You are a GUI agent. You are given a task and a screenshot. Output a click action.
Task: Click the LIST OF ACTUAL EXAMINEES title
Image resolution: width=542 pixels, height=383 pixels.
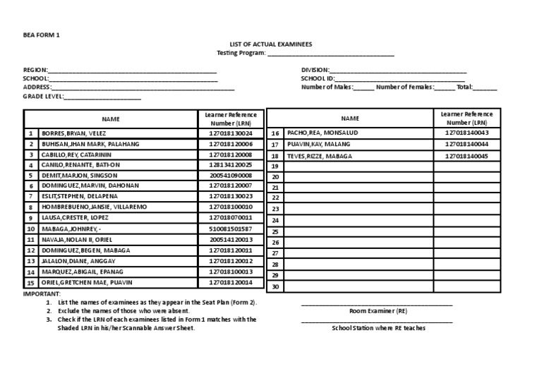click(270, 44)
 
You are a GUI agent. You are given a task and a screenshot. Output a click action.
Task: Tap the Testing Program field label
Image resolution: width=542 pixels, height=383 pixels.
click(241, 54)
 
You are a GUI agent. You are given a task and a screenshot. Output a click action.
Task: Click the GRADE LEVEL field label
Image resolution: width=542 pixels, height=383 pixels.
click(44, 97)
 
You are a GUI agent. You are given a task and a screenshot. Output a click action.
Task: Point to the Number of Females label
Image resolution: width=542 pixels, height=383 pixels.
click(404, 87)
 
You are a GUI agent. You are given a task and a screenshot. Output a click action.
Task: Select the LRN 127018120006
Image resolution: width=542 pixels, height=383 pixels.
click(230, 143)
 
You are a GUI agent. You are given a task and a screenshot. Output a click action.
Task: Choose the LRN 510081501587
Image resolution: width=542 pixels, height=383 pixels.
click(230, 229)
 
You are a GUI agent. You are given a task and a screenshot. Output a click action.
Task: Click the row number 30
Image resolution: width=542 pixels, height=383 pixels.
click(275, 286)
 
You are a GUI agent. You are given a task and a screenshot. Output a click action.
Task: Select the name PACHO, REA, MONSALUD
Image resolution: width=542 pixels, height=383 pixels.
click(323, 133)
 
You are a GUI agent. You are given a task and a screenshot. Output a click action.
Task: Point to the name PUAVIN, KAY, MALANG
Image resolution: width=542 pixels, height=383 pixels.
click(319, 144)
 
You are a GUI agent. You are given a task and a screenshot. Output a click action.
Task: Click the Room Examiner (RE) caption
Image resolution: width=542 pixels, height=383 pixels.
click(378, 311)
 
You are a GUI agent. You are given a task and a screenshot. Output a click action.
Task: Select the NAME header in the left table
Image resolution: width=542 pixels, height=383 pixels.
click(111, 119)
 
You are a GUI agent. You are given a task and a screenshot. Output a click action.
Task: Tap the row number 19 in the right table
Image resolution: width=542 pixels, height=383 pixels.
click(275, 166)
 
